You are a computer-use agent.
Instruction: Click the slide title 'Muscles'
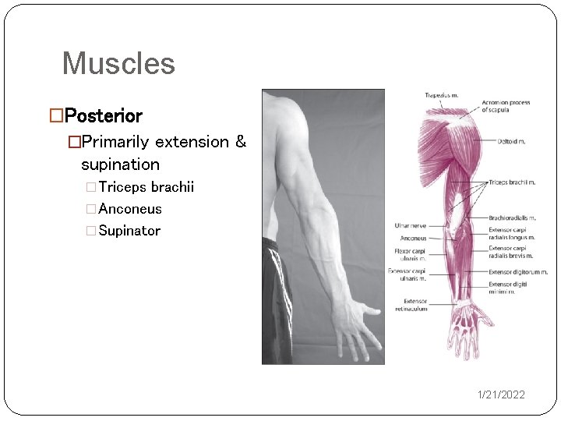pyautogui.click(x=118, y=63)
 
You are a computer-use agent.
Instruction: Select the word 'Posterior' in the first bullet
pyautogui.click(x=103, y=116)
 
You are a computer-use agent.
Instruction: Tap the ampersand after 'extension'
pyautogui.click(x=240, y=142)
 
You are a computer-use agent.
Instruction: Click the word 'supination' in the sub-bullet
pyautogui.click(x=120, y=165)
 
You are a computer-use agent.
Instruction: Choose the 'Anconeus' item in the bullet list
pyautogui.click(x=130, y=209)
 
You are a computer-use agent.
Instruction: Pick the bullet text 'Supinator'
pyautogui.click(x=129, y=231)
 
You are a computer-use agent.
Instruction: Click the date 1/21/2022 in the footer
pyautogui.click(x=501, y=394)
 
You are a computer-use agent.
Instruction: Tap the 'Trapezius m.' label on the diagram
pyautogui.click(x=442, y=96)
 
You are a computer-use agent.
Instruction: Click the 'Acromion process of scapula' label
pyautogui.click(x=506, y=107)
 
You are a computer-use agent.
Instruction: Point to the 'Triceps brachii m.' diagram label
pyautogui.click(x=511, y=182)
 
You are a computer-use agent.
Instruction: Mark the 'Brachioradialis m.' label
pyautogui.click(x=512, y=218)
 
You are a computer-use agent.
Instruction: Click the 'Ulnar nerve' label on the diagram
pyautogui.click(x=411, y=225)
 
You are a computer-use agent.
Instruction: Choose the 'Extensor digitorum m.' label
pyautogui.click(x=518, y=272)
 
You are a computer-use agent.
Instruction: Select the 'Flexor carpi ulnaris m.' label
pyautogui.click(x=409, y=254)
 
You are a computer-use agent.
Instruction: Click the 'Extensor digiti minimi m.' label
pyautogui.click(x=509, y=288)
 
